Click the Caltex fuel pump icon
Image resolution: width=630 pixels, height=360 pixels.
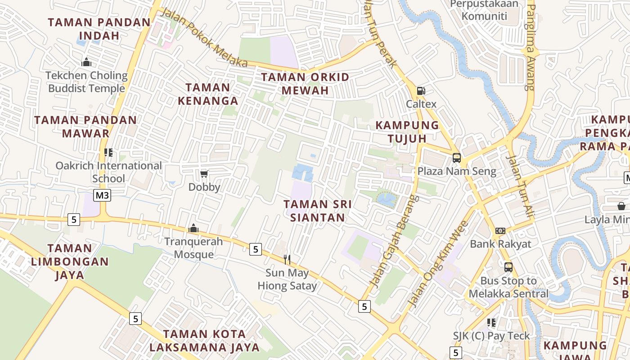click(x=421, y=91)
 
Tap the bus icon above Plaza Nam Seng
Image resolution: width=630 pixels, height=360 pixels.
click(x=457, y=158)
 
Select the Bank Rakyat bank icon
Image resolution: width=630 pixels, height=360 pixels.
click(x=500, y=231)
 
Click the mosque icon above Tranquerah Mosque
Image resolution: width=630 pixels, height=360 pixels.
click(x=193, y=228)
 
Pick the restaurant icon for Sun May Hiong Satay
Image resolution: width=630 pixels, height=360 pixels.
click(x=287, y=259)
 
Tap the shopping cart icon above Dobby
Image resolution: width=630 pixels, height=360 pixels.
click(x=204, y=174)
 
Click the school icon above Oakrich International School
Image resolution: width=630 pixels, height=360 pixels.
click(x=108, y=153)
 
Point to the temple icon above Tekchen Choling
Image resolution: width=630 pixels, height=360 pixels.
click(x=86, y=62)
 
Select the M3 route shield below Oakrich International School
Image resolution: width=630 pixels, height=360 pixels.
click(x=102, y=195)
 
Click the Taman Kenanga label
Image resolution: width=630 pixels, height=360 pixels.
click(x=208, y=94)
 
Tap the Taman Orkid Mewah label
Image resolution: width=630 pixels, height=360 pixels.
click(x=305, y=84)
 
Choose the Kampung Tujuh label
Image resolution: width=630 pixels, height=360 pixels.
click(x=407, y=131)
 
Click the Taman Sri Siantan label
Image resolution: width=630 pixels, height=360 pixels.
click(x=318, y=211)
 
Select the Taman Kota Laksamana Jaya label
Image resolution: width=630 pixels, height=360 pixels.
click(x=205, y=341)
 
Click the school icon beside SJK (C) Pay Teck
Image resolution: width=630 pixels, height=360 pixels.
click(x=491, y=323)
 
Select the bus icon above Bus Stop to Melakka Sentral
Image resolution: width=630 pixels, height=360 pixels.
click(x=508, y=267)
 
